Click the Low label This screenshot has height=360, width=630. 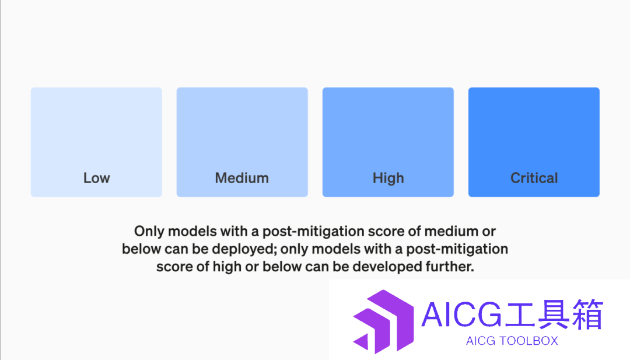coord(96,177)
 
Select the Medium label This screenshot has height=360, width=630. coord(242,177)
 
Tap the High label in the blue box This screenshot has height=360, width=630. coord(388,178)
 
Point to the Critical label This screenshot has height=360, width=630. coord(534,177)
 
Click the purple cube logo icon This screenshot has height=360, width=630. coord(383,321)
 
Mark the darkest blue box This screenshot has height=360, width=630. coord(534,142)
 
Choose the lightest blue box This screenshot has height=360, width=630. coord(96,142)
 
